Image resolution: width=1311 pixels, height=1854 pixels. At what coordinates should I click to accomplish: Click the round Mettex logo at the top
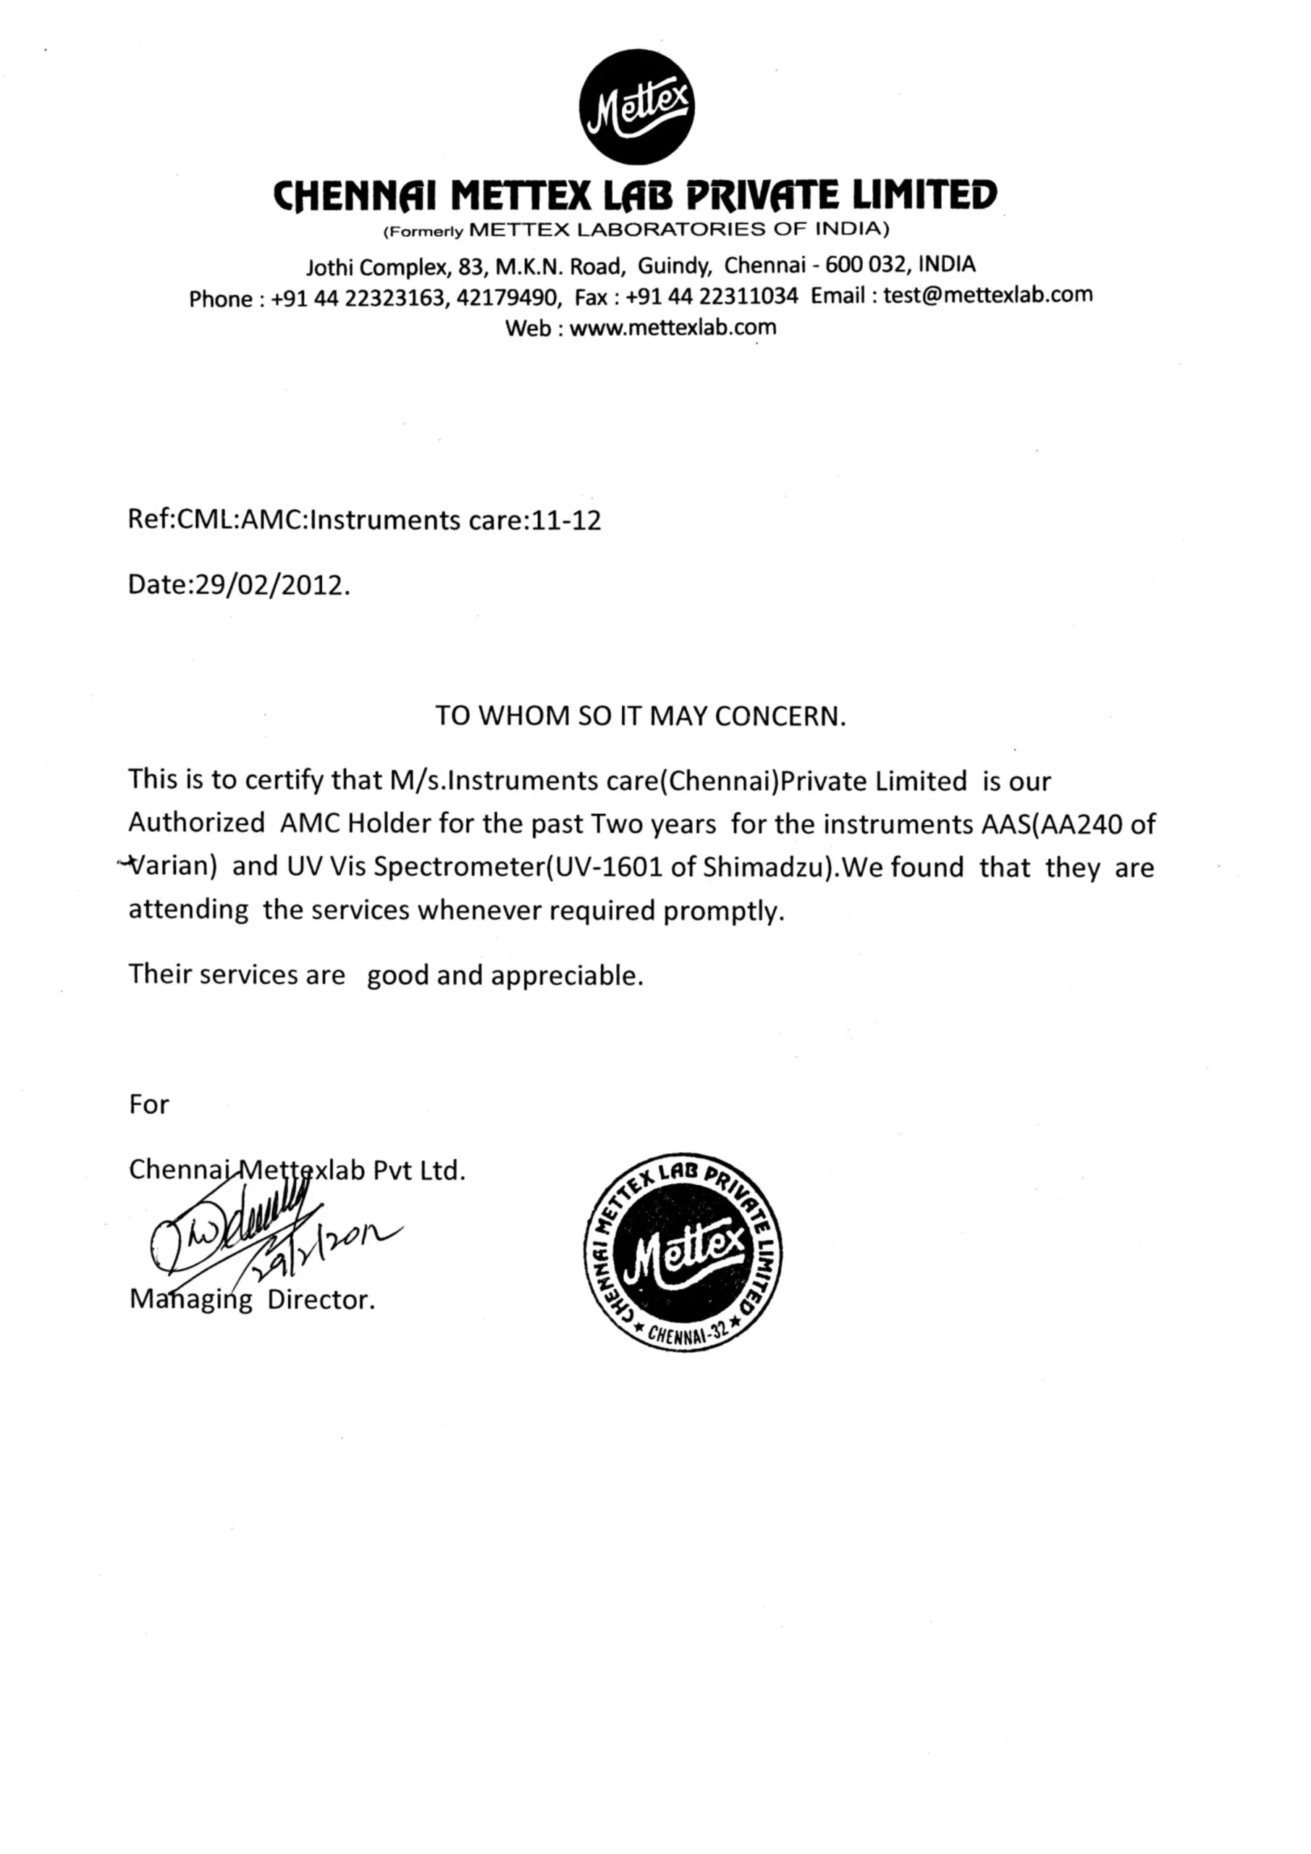click(x=637, y=106)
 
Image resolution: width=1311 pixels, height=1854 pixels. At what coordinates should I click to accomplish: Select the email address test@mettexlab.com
click(x=987, y=295)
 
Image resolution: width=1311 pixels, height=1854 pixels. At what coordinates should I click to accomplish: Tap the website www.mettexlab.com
click(x=673, y=328)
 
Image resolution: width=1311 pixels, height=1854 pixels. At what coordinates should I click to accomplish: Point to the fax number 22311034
click(x=749, y=296)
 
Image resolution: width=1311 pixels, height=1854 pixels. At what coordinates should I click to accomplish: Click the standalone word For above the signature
click(x=148, y=1104)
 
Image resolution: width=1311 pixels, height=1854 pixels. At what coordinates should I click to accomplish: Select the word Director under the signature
click(x=321, y=1300)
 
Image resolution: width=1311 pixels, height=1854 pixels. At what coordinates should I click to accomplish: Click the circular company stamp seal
click(x=683, y=1251)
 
